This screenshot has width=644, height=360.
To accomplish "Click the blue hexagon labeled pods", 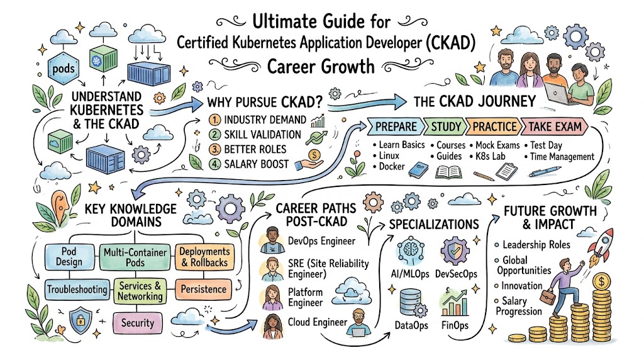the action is tap(64, 68).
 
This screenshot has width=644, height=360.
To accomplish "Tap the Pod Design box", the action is tap(69, 257).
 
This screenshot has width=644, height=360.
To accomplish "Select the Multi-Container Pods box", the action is tap(135, 257).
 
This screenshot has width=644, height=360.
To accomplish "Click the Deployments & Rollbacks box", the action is tap(204, 257).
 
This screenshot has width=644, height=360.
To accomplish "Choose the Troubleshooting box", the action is tap(77, 290).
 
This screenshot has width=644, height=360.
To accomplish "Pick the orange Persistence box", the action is tap(203, 290).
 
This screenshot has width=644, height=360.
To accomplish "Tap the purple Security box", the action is tap(137, 323).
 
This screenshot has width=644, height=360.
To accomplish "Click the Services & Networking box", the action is tap(140, 291).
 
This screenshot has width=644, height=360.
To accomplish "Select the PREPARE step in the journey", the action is tap(395, 127).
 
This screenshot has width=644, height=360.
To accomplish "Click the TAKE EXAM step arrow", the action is tap(555, 127).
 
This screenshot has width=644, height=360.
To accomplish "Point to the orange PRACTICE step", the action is tap(494, 127).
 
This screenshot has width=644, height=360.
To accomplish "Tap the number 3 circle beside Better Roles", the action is tap(215, 149).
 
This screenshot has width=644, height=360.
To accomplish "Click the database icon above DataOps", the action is tap(413, 303).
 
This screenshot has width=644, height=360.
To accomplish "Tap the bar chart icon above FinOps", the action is tap(455, 303).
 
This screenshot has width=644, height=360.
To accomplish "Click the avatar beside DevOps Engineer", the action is tap(272, 240).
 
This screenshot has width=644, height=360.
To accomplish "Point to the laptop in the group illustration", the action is tap(558, 94).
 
